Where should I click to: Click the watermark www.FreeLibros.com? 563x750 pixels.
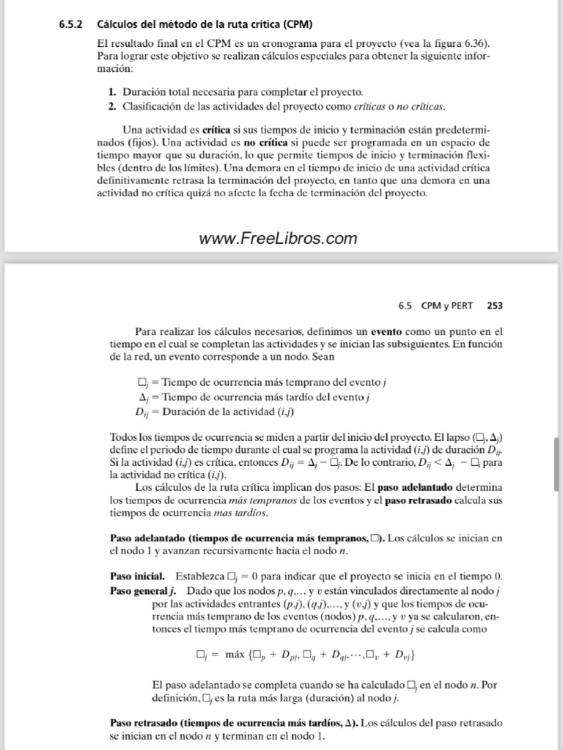point(278,238)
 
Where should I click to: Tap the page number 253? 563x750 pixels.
point(494,305)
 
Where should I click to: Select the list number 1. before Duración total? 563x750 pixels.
point(112,92)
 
